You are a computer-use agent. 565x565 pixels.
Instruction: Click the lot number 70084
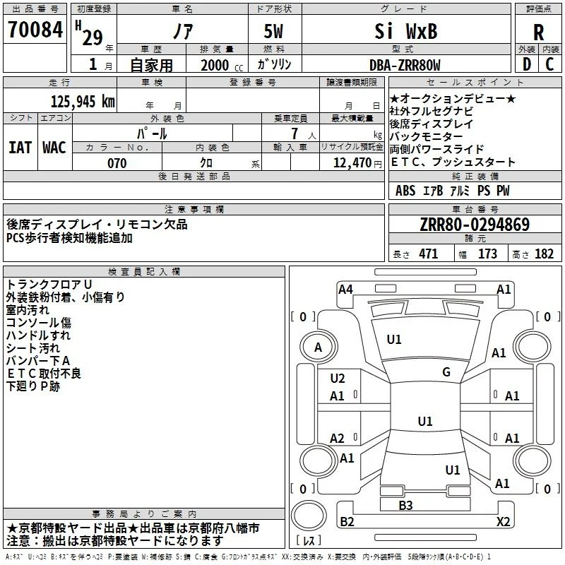pos(35,30)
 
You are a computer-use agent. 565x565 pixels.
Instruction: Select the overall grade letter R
pos(538,32)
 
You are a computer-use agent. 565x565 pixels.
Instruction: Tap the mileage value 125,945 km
pos(83,102)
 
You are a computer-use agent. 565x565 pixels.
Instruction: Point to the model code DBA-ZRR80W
pos(405,66)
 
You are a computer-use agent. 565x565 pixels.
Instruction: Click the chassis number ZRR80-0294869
pos(475,225)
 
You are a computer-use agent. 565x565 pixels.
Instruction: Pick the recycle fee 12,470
pos(352,163)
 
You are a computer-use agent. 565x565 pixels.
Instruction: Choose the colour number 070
pos(117,163)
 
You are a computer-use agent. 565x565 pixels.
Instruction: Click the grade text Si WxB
pos(405,31)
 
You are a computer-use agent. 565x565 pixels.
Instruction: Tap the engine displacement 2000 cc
pos(222,66)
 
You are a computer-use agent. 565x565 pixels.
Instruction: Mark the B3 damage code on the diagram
pos(405,505)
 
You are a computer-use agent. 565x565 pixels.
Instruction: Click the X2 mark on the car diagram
pos(503,521)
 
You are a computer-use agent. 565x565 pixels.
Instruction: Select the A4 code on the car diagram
pos(345,290)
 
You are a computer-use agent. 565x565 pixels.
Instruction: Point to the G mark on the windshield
pos(446,372)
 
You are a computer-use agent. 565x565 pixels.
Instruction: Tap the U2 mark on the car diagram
pos(338,379)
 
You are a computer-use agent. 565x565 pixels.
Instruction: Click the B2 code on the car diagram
pos(347,521)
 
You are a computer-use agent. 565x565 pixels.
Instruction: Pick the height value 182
pos(544,254)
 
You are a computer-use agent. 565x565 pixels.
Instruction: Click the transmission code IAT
pos(20,148)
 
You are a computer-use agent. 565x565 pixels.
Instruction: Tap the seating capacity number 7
pos(295,133)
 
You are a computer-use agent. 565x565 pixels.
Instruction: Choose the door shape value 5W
pos(273,31)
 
